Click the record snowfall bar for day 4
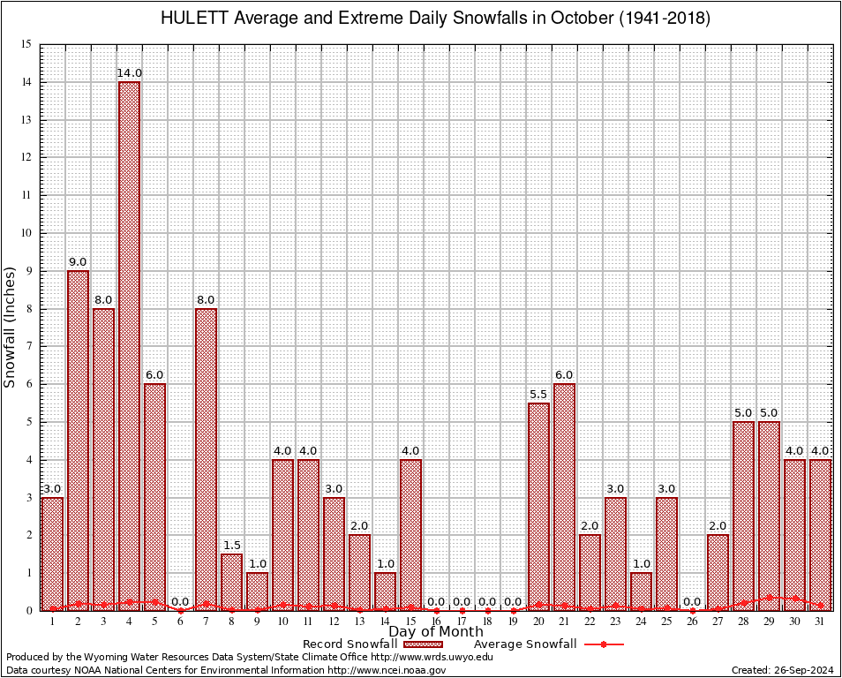pyautogui.click(x=129, y=344)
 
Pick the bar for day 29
pyautogui.click(x=769, y=516)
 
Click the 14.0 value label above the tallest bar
pyautogui.click(x=129, y=72)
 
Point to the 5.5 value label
pyautogui.click(x=538, y=394)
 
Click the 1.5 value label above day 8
pyautogui.click(x=231, y=545)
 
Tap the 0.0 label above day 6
pyautogui.click(x=180, y=601)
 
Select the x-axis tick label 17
pyautogui.click(x=462, y=621)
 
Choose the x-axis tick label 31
pyautogui.click(x=820, y=621)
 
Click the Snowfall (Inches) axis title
pyautogui.click(x=11, y=327)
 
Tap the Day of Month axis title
pyautogui.click(x=435, y=632)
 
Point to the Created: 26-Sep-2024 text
pyautogui.click(x=783, y=671)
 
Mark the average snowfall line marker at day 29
pyautogui.click(x=769, y=598)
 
